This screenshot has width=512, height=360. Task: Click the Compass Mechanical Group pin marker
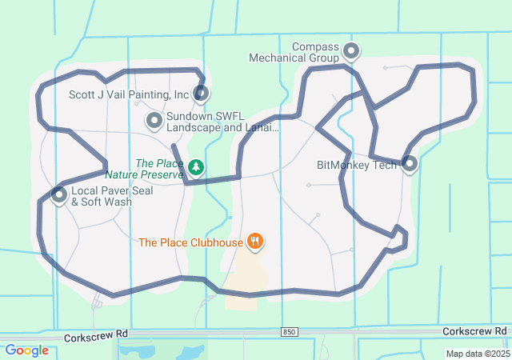350,52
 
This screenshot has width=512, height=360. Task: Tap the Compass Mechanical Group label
294,52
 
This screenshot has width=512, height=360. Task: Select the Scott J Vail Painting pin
201,94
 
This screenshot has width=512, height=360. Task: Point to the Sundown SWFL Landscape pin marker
154,121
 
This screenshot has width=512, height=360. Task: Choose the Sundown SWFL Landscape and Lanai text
222,122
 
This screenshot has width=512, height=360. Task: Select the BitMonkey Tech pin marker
410,164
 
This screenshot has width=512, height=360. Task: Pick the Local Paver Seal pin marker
58,194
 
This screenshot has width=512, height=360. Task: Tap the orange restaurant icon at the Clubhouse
255,240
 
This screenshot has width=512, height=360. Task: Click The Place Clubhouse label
190,242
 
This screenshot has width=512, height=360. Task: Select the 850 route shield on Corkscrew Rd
290,331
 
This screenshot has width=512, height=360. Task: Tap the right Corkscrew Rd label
475,331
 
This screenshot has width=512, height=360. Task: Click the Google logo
27,350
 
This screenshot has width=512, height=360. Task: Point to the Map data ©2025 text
477,354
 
